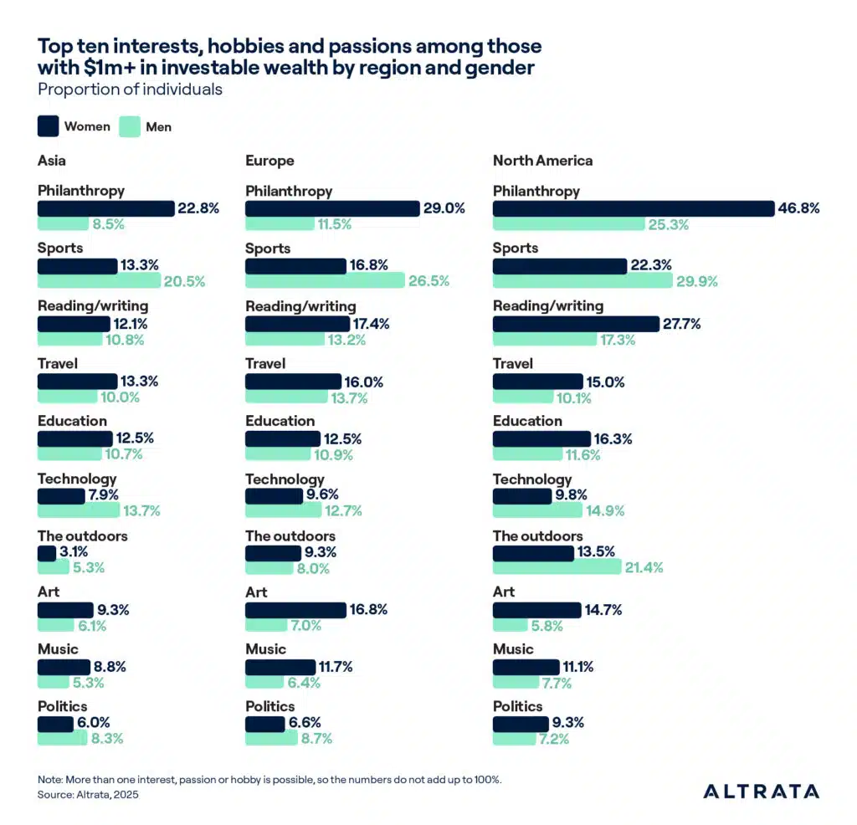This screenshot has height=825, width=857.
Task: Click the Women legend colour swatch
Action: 48,126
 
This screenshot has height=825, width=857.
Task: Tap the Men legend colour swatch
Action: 129,126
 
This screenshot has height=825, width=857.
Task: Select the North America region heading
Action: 542,161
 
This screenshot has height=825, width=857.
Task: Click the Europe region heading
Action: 269,161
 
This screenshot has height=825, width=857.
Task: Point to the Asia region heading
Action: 52,161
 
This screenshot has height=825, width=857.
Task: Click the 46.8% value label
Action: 799,208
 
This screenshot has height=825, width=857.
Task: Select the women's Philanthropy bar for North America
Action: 634,208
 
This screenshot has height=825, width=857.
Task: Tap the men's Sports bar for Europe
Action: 325,281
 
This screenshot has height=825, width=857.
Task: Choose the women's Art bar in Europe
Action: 295,610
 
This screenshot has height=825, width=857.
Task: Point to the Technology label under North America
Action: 532,479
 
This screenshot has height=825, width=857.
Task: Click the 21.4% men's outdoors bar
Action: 557,567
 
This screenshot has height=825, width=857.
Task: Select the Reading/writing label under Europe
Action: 300,306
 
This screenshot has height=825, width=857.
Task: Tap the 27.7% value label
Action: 685,323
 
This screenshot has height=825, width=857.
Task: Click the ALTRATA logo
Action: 761,792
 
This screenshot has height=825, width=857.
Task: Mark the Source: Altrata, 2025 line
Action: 88,794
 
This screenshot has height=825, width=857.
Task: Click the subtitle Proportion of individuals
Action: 130,89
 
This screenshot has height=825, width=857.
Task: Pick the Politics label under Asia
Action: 62,706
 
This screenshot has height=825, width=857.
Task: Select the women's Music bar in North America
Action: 526,667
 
